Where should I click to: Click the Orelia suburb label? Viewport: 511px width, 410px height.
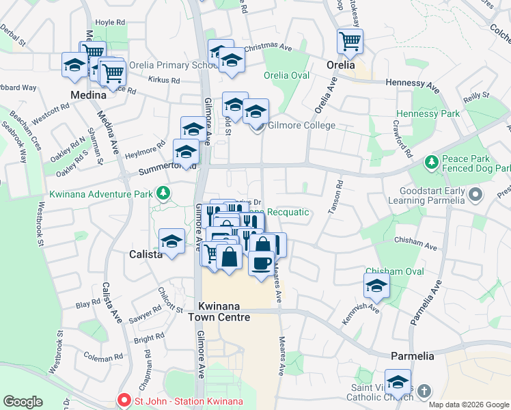coord(340,66)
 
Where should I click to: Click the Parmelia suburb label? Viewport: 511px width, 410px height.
coord(412,356)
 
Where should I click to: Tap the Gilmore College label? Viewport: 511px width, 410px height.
coord(301,126)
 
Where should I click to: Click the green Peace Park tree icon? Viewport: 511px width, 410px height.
coord(431,162)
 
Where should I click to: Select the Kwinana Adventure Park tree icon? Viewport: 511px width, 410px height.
coord(163,194)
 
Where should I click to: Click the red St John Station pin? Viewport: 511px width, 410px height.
coord(124,400)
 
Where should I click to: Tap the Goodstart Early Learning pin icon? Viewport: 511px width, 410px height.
coord(477,196)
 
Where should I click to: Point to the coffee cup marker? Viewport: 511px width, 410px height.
coord(260,262)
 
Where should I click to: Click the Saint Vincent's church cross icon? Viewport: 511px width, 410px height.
coord(424,392)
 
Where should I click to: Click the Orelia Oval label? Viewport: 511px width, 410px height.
coord(286,75)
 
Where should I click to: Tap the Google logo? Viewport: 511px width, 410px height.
coord(23,402)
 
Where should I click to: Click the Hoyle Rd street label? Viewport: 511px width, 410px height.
coord(110,23)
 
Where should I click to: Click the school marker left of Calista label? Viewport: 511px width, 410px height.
coord(172,241)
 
